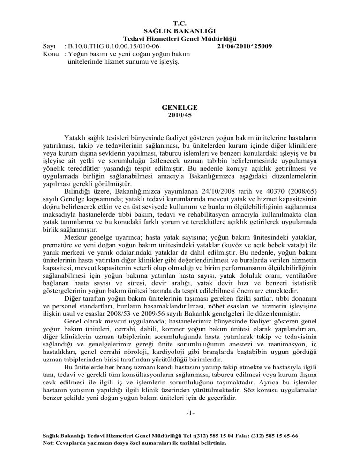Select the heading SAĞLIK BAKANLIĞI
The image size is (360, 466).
coord(180,30)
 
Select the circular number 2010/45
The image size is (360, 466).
coord(180,114)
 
